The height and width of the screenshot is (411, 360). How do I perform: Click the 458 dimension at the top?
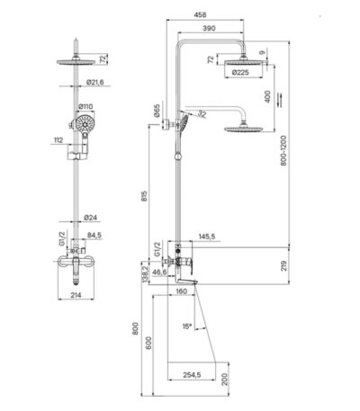tap(200, 14)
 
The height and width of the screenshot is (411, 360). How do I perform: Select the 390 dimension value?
tap(209, 29)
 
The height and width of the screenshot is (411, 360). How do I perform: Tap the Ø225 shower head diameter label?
tap(240, 73)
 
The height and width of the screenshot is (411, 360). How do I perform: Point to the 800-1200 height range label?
tap(283, 151)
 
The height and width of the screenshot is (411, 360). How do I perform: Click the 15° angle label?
tap(187, 326)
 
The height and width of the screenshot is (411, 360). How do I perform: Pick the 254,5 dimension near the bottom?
tap(192, 374)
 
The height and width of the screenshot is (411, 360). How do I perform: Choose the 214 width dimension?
tap(76, 295)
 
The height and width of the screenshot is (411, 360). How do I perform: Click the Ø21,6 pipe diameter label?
tap(94, 82)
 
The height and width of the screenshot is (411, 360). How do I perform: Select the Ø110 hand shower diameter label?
tap(85, 106)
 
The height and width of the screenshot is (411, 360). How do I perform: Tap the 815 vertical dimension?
tap(145, 196)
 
